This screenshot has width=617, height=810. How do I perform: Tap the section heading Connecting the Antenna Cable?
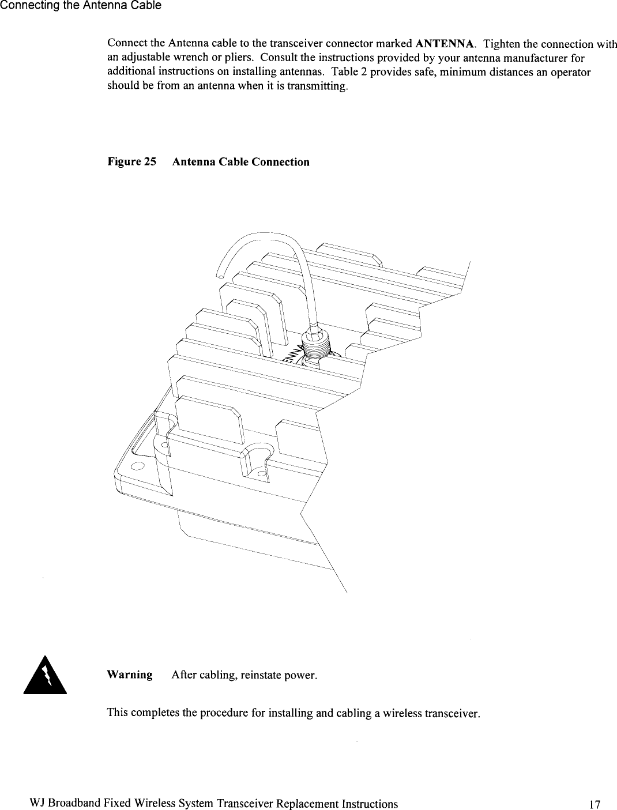point(81,6)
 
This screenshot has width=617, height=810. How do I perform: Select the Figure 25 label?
point(132,162)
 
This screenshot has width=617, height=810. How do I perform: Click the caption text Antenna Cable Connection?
point(240,162)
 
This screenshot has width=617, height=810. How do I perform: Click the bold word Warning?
point(130,675)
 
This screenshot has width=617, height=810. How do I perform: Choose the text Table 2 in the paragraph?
point(349,73)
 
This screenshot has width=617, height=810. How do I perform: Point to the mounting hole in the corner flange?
point(137,466)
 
